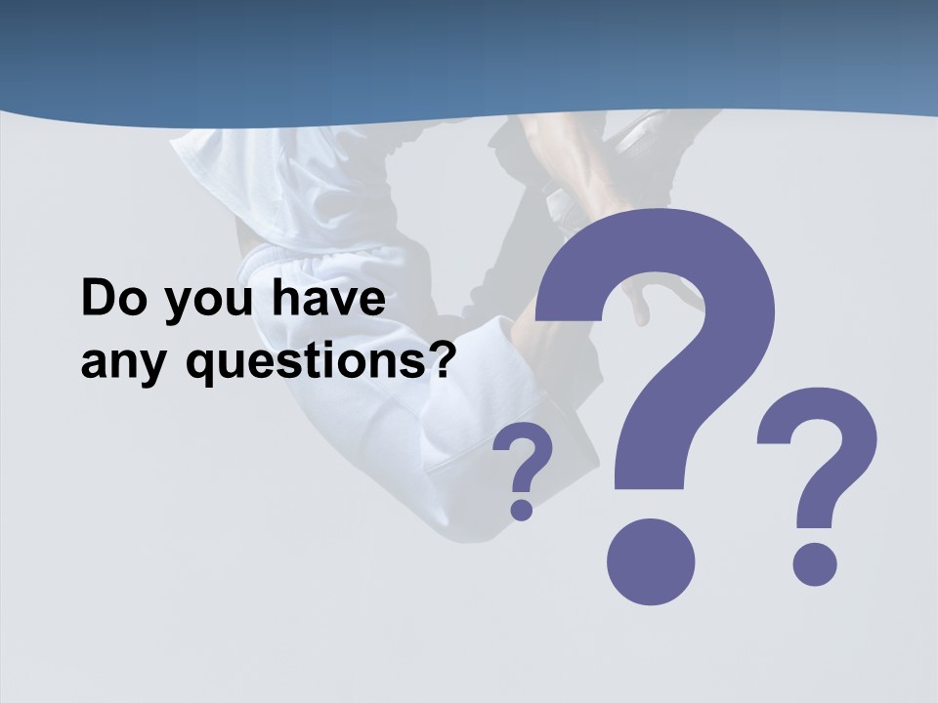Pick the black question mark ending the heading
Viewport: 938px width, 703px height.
click(x=444, y=361)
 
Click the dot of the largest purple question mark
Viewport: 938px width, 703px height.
click(x=651, y=561)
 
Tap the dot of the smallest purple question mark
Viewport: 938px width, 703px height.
click(x=522, y=509)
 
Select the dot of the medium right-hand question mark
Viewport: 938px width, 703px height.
click(x=813, y=563)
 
